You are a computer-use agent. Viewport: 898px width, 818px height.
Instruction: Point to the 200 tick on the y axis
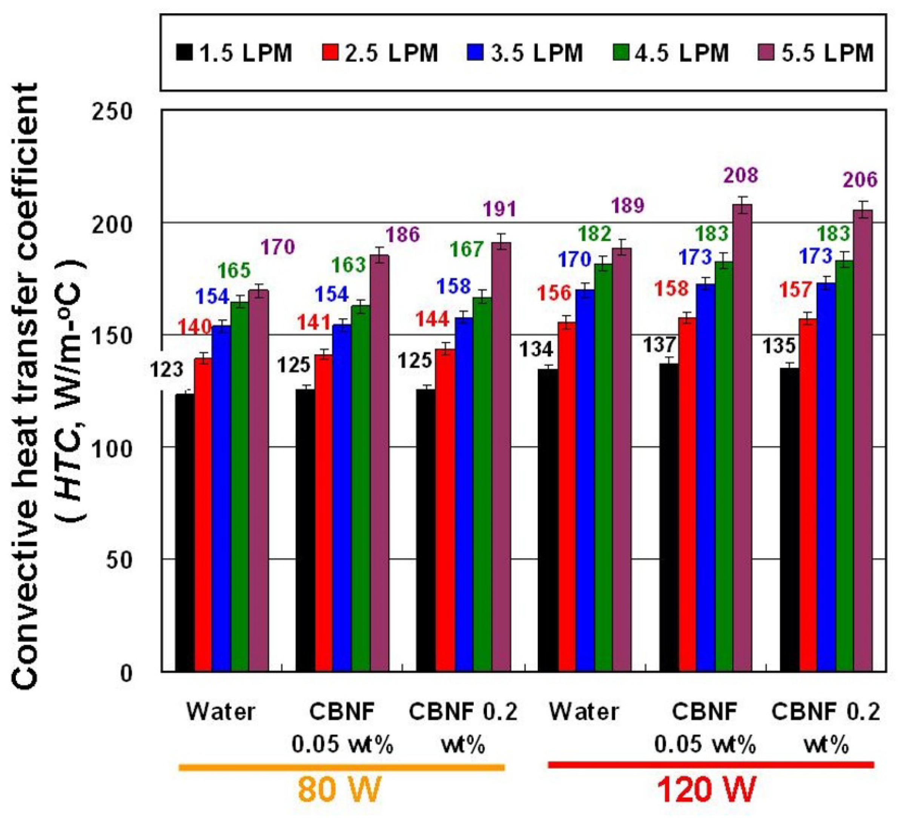(112, 223)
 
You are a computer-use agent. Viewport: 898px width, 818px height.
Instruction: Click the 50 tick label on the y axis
(120, 560)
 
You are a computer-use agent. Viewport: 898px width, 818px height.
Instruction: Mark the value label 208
(740, 175)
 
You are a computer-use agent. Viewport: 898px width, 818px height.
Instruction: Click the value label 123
(167, 369)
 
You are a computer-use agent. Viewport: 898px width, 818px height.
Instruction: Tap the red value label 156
(554, 293)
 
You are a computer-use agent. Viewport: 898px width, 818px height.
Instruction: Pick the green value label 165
(234, 270)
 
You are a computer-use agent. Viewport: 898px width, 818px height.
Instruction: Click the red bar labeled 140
(203, 514)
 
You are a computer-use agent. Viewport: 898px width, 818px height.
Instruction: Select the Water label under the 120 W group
(583, 712)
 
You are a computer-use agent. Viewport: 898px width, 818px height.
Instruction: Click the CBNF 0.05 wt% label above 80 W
(342, 727)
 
